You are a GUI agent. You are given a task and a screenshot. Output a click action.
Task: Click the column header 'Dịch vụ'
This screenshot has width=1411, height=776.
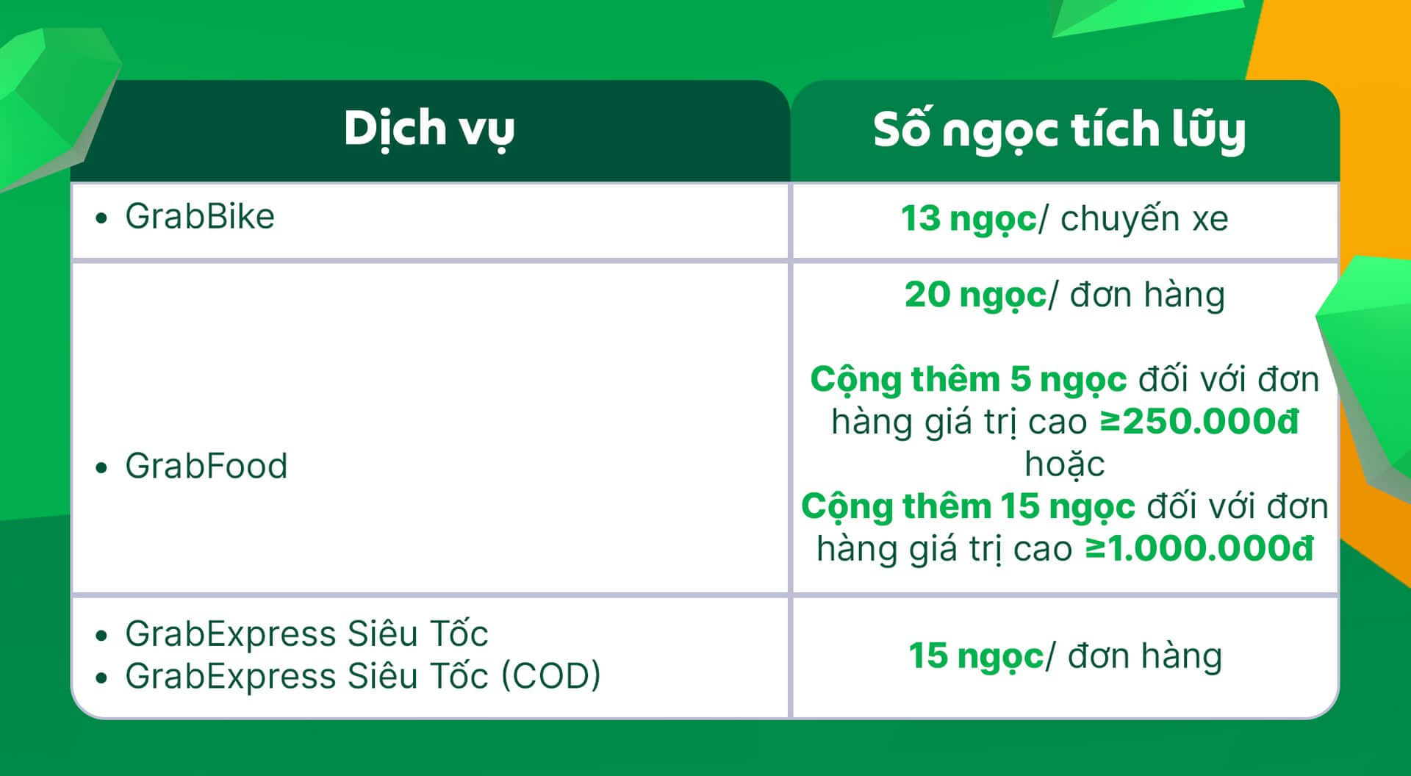click(x=429, y=129)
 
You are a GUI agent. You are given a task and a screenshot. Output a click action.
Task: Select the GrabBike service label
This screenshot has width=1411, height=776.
click(x=200, y=217)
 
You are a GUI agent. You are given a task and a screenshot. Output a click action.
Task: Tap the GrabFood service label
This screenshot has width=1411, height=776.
click(x=207, y=466)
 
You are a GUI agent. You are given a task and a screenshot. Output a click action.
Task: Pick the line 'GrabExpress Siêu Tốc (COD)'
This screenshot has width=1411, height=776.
click(x=363, y=676)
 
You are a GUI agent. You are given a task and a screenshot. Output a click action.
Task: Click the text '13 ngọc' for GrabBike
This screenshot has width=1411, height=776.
click(x=969, y=218)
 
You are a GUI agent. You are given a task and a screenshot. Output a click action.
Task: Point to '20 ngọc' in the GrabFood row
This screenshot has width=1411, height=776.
click(x=975, y=295)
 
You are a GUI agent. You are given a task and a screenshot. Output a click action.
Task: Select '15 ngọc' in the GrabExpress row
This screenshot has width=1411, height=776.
click(x=975, y=656)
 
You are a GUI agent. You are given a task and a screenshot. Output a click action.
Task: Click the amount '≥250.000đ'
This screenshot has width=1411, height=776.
click(x=1199, y=421)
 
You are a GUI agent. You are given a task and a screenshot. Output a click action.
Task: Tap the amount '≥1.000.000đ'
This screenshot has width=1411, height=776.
click(x=1199, y=548)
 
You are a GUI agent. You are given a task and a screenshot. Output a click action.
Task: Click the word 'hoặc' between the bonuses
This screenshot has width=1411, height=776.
click(x=1065, y=464)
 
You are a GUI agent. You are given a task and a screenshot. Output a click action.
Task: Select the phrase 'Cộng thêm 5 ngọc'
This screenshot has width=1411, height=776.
click(x=969, y=380)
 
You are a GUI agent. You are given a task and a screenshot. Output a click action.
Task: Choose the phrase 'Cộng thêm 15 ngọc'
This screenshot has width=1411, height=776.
click(x=968, y=507)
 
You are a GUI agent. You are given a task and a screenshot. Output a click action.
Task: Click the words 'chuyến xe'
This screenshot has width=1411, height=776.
click(x=1144, y=218)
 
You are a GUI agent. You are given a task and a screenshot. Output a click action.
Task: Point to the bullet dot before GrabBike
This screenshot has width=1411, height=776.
click(x=101, y=218)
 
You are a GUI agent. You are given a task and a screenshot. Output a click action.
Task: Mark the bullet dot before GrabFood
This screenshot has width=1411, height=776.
click(x=101, y=467)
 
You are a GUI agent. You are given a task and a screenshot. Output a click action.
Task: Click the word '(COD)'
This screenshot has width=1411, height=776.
click(x=551, y=676)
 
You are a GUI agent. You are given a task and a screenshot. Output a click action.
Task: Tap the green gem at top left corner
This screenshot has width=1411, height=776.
click(x=51, y=103)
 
